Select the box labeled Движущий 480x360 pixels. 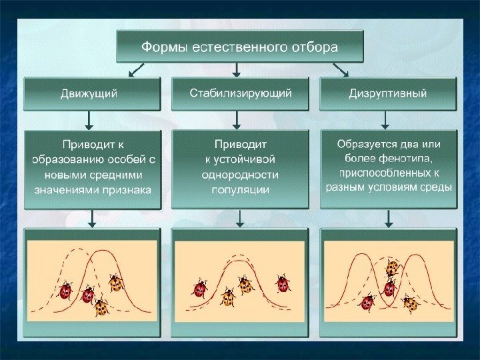pos(92,94)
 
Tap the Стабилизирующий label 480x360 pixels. pos(240,93)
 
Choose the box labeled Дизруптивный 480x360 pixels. pos(388,94)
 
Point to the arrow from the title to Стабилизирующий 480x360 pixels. pos(237,69)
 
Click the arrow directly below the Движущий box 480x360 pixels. pos(90,119)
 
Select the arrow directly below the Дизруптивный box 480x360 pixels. pos(385,119)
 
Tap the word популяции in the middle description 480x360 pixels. pos(240,190)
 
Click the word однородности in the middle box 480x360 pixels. pos(240,175)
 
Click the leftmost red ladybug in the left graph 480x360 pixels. pos(65,291)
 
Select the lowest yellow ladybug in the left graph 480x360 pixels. pos(101,307)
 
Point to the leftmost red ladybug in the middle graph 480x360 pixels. pos(199,289)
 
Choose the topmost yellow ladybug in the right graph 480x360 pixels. pos(392,268)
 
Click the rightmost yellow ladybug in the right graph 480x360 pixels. pos(410,304)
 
